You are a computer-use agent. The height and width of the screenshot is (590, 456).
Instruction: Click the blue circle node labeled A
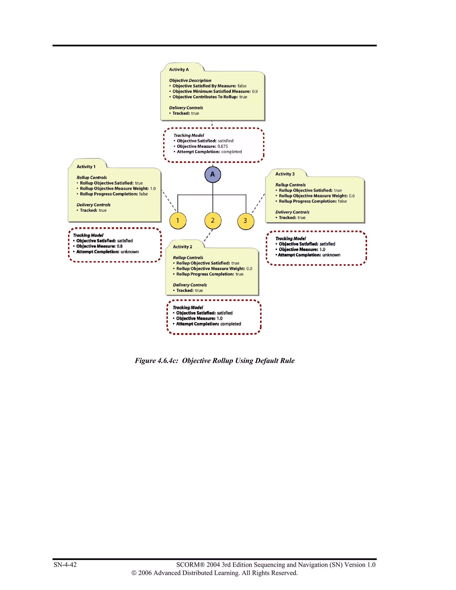tap(213, 175)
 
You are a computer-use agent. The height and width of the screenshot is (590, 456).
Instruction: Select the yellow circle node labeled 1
tap(177, 221)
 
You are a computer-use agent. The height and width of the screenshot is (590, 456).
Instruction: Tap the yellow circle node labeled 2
tap(213, 220)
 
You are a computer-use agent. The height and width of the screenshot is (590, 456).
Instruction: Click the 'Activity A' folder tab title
tap(179, 70)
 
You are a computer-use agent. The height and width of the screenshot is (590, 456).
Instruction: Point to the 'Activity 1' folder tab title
tap(86, 167)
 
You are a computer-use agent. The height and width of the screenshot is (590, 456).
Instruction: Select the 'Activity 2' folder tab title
tap(182, 247)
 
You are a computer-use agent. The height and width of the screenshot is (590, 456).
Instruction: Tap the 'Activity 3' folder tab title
tap(285, 174)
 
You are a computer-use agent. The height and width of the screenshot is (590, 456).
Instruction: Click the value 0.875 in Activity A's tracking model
tap(223, 146)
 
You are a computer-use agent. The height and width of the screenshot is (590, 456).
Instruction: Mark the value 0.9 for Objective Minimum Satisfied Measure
tap(255, 92)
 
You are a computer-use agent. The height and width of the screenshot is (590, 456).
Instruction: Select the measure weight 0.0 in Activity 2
tap(249, 269)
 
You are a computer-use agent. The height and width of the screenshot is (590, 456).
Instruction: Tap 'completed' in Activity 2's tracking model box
tap(230, 324)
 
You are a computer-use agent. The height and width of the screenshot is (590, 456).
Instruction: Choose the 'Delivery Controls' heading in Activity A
tap(186, 108)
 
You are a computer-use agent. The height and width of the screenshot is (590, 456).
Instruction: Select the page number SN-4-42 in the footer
tap(65, 565)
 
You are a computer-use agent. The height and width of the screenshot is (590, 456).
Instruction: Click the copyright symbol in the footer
tap(134, 573)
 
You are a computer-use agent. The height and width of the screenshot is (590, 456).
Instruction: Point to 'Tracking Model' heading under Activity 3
tap(290, 238)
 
